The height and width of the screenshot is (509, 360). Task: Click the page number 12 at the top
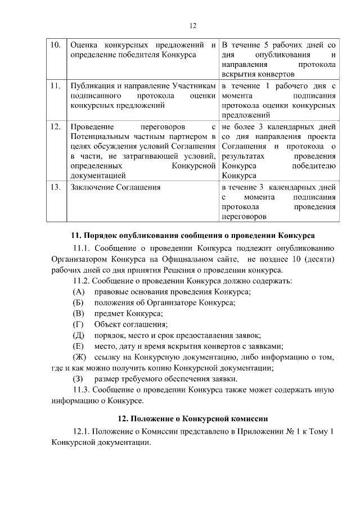192,25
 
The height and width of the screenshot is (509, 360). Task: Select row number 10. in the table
55,44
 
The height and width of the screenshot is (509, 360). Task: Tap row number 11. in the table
55,85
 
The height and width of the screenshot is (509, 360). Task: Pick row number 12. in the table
55,127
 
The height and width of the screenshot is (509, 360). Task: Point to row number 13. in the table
55,187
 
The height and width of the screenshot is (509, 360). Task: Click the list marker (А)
79,291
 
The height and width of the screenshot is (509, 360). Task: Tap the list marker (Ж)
80,357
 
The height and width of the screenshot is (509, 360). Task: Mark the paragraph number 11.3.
82,390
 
